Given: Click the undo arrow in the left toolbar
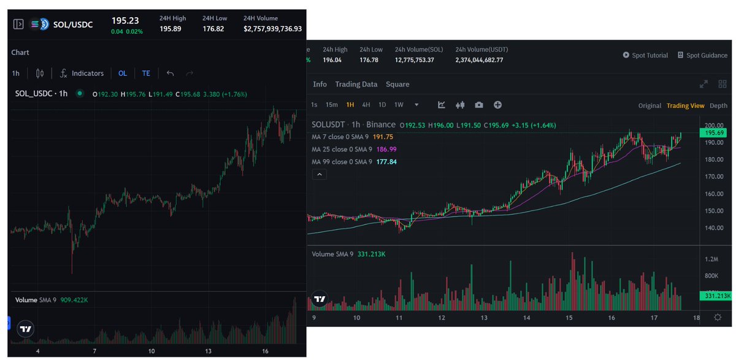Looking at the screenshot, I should coord(170,73).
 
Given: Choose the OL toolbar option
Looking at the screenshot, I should coord(123,73).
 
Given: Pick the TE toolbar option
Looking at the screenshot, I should coord(146,73).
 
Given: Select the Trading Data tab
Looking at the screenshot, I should coord(356,84).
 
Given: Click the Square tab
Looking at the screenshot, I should coord(397,84).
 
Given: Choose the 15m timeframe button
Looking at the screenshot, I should coord(331,105).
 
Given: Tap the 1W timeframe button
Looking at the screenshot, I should coord(399,105).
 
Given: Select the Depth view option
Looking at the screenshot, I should coord(718,105).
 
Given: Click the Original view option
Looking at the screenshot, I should coord(650,105).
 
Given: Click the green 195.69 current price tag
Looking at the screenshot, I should coord(715,133).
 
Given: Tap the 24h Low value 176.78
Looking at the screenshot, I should coord(370,60).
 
